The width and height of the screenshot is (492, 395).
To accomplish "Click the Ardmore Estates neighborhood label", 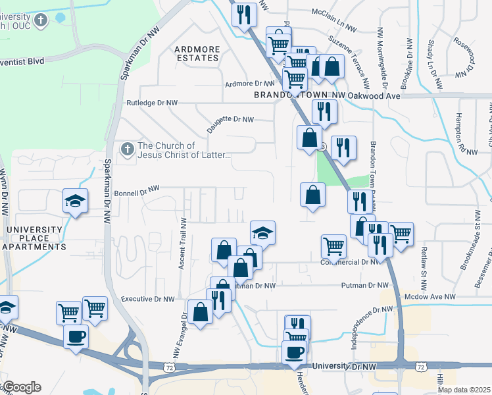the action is [197, 53].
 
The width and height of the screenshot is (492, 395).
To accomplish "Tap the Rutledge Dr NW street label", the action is [152, 103].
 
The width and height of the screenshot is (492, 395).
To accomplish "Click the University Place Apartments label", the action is [36, 238].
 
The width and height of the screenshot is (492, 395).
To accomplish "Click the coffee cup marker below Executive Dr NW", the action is [75, 337].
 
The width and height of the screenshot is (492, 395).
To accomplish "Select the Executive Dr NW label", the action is [148, 299].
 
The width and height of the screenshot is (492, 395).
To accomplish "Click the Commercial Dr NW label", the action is [351, 262].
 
